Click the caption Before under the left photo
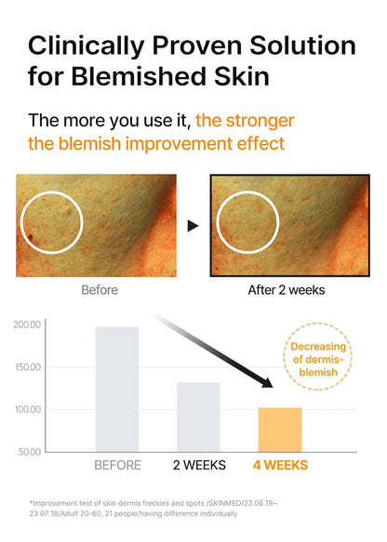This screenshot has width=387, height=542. [100, 289]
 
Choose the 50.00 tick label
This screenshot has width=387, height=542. [29, 451]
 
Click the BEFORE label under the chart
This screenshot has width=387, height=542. [117, 465]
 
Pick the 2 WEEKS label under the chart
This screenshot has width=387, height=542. [198, 465]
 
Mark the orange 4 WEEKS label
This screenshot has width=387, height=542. [280, 465]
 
